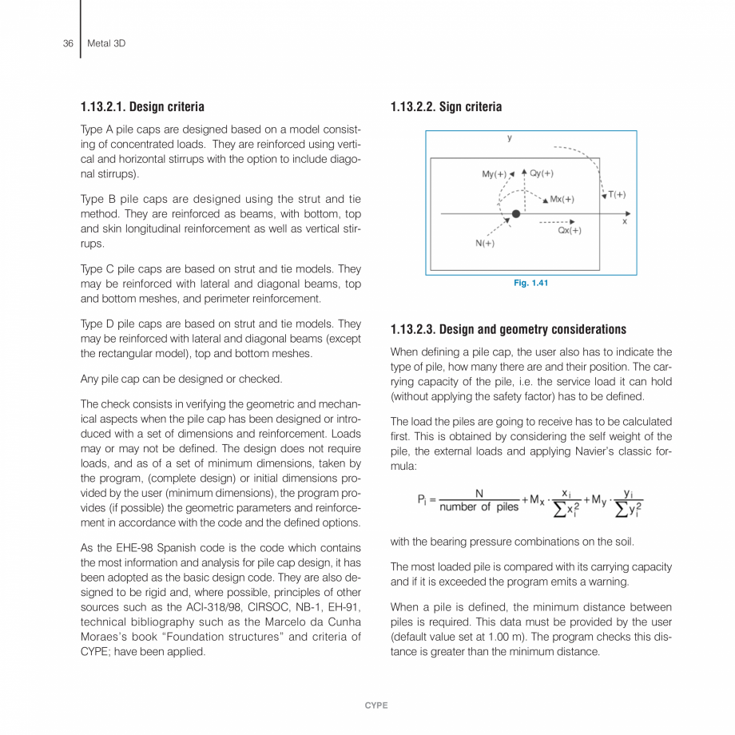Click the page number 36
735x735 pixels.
(x=68, y=43)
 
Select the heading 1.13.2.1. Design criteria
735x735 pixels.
(x=142, y=106)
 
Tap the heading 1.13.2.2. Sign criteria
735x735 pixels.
(x=446, y=106)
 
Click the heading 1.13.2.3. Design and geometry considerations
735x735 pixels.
(x=508, y=329)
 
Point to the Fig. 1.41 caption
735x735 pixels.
(x=530, y=283)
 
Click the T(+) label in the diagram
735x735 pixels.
(x=616, y=194)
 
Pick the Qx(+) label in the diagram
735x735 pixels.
(x=568, y=230)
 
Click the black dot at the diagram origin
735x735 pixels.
(x=516, y=214)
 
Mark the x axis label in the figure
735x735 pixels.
(x=625, y=221)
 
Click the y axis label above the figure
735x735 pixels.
(x=510, y=137)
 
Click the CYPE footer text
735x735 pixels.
(x=375, y=705)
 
